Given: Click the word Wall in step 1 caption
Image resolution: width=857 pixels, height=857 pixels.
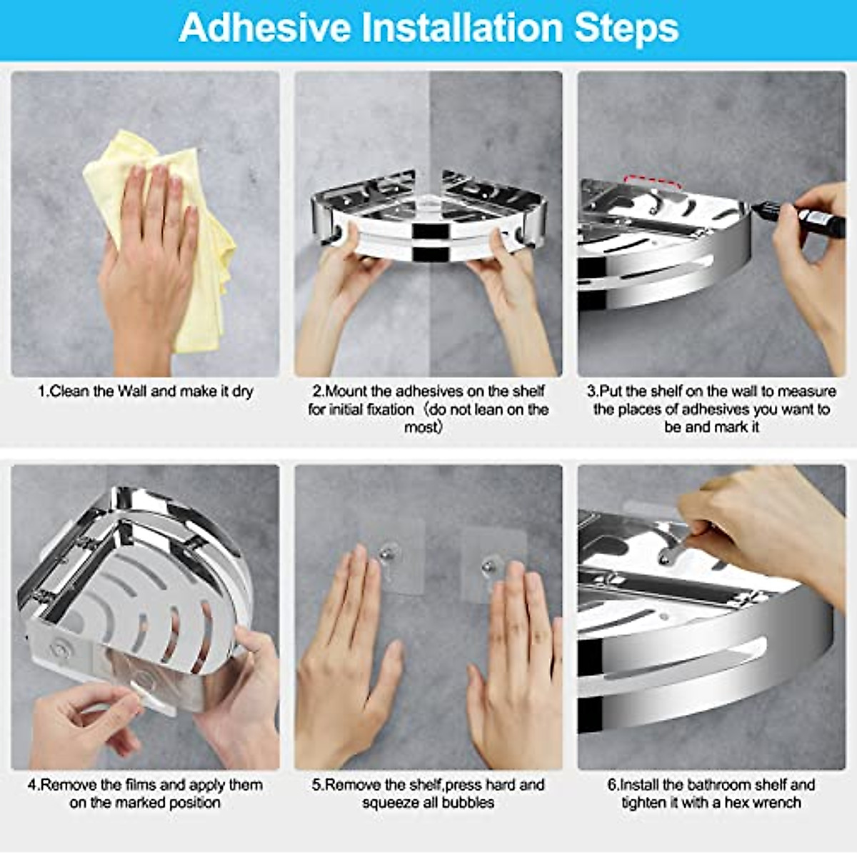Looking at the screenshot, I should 133,391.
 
